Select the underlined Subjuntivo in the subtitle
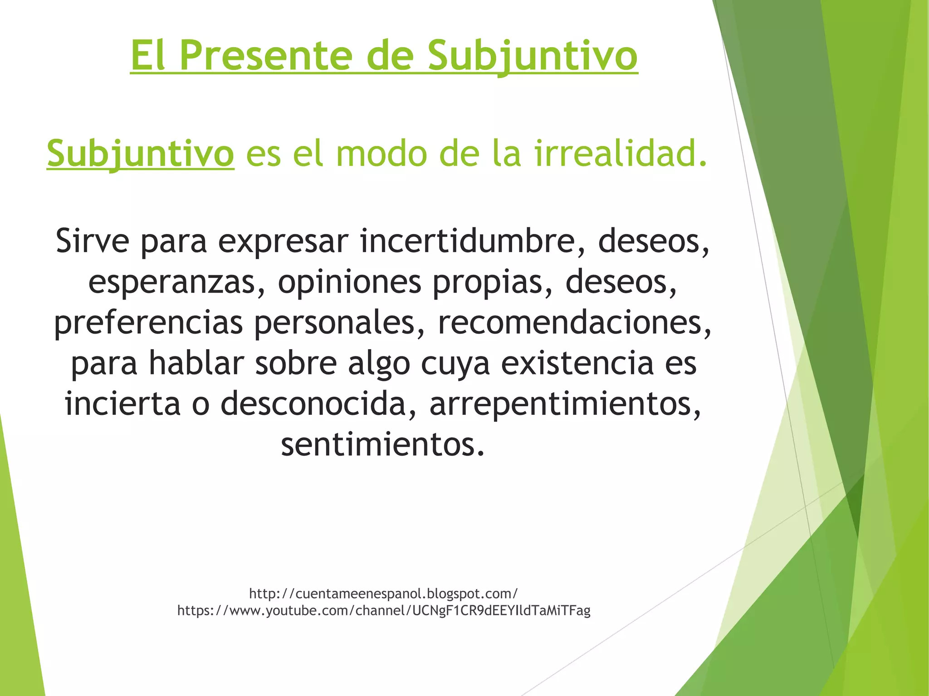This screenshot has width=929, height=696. coord(140,153)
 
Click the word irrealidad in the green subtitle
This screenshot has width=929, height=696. coord(620,153)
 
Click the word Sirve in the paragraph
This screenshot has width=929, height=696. coord(93,241)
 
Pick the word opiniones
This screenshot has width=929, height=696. coord(349,282)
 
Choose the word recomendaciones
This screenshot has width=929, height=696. coord(574,323)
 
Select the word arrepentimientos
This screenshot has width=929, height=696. coord(565,404)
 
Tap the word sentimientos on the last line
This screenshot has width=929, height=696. coord(383,445)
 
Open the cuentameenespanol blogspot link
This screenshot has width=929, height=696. coord(383,594)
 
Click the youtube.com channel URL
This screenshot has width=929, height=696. coord(383,611)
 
